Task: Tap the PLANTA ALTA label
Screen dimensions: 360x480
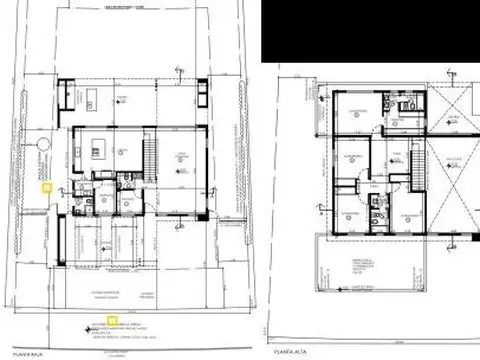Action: pos(283,351)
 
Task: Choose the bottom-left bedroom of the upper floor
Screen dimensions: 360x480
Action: pos(350,214)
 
